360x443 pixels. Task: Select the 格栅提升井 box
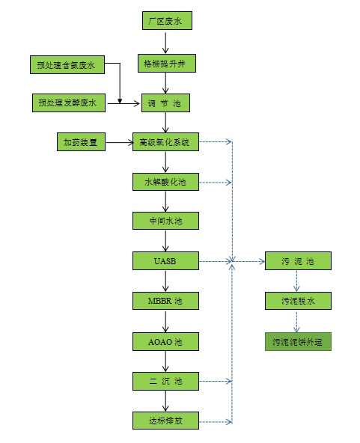[166, 63]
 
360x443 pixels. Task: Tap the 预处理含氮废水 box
[67, 64]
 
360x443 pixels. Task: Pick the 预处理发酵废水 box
[67, 103]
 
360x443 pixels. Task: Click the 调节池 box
[166, 103]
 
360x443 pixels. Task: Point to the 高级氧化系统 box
[165, 141]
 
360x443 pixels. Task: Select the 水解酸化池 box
[165, 182]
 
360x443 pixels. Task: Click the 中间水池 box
[165, 221]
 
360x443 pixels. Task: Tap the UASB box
[165, 261]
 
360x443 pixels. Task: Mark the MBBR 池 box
[165, 301]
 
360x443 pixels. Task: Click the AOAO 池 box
[165, 341]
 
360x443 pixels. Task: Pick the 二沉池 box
[165, 381]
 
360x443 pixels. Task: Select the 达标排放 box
[165, 421]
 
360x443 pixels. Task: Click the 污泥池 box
[297, 261]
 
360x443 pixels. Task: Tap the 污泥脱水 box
[297, 301]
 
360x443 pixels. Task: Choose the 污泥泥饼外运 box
[297, 341]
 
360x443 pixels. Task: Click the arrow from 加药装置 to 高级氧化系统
[119, 141]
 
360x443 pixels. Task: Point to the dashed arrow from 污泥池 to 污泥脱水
[297, 281]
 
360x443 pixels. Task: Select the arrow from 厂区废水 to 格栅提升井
[166, 42]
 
